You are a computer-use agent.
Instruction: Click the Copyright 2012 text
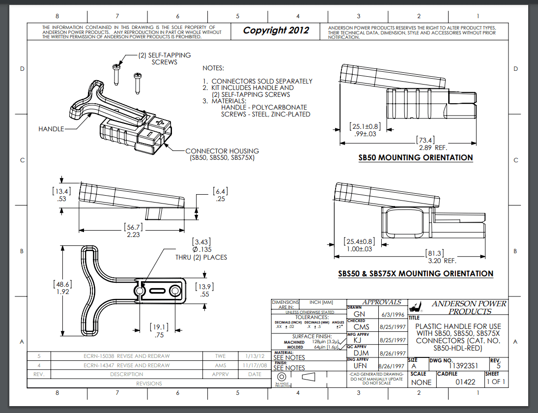click(276, 30)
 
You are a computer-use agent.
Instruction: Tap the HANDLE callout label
click(51, 129)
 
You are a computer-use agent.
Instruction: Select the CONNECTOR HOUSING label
click(222, 151)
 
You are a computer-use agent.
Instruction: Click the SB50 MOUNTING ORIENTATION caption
click(416, 158)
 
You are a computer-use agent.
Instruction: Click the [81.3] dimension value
click(434, 253)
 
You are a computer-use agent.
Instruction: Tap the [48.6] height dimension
click(62, 284)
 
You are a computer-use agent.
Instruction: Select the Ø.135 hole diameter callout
click(202, 249)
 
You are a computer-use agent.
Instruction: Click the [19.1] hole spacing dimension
click(159, 326)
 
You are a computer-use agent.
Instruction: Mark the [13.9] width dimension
click(205, 287)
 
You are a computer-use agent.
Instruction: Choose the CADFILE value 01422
click(465, 382)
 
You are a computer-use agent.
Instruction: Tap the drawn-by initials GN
click(359, 314)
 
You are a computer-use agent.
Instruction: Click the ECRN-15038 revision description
click(127, 356)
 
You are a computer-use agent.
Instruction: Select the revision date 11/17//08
click(255, 365)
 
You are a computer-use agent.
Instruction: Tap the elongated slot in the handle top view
click(158, 292)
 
